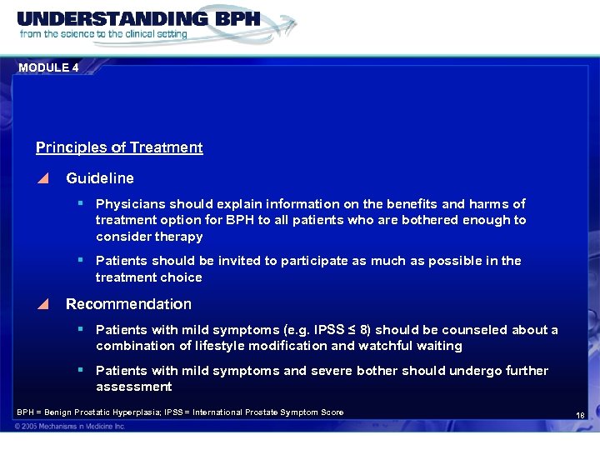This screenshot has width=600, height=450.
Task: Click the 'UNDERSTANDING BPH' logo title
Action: point(138,19)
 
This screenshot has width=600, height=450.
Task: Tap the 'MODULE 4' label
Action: point(48,67)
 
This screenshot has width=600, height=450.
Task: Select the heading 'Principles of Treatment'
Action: point(119,147)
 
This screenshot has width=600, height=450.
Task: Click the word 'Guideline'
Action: point(99,178)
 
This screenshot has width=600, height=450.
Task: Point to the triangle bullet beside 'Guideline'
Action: point(43,178)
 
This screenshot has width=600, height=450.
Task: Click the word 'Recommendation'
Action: point(128,304)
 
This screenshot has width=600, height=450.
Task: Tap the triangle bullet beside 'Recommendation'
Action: point(43,304)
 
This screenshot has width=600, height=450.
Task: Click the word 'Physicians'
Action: point(131,204)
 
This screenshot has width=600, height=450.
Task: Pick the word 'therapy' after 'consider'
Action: point(177,237)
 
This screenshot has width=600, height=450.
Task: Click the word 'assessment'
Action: point(133,387)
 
